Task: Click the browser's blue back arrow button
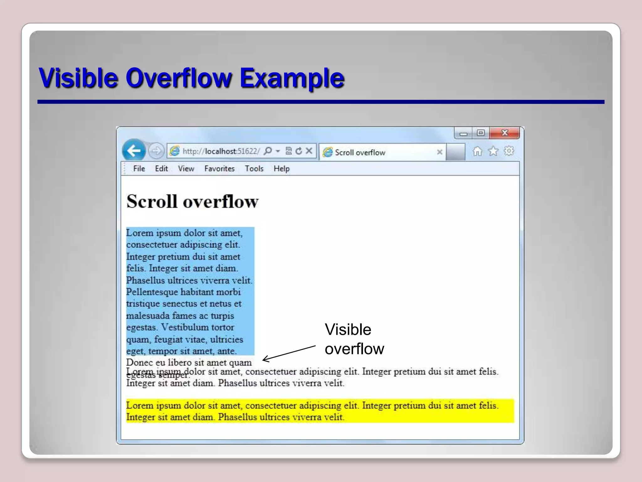[x=134, y=151]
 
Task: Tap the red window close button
[x=504, y=133]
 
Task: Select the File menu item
[x=139, y=169]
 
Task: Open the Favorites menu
[x=219, y=169]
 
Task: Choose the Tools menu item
[x=254, y=169]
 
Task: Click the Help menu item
[x=281, y=169]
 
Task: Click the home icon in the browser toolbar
[x=477, y=152]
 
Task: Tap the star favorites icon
[x=493, y=152]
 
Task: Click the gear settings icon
[x=509, y=151]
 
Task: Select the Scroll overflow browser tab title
[x=360, y=153]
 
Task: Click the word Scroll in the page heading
[x=152, y=201]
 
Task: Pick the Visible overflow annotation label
[x=354, y=339]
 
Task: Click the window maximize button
[x=481, y=133]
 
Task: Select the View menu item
[x=186, y=169]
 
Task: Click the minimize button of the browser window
[x=463, y=134]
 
